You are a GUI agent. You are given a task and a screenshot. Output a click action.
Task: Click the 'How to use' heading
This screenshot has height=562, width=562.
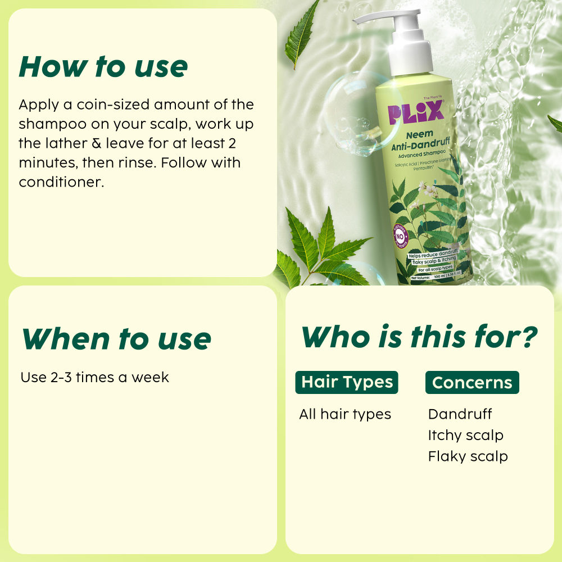pyautogui.click(x=103, y=66)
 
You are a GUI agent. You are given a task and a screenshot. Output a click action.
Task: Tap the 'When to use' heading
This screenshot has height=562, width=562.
pyautogui.click(x=116, y=338)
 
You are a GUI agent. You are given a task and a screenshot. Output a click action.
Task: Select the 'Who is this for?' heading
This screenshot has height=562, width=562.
pyautogui.click(x=419, y=337)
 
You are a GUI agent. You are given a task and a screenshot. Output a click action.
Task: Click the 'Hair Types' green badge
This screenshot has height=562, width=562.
pyautogui.click(x=347, y=382)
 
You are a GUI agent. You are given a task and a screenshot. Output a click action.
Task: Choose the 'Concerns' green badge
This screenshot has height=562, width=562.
pyautogui.click(x=472, y=383)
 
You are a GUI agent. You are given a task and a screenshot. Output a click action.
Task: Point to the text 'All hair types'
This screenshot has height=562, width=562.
pyautogui.click(x=345, y=415)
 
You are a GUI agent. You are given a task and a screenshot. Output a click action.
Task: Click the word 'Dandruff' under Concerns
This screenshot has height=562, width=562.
pyautogui.click(x=460, y=414)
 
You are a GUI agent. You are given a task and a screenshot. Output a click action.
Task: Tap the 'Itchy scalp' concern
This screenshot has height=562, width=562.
pyautogui.click(x=465, y=435)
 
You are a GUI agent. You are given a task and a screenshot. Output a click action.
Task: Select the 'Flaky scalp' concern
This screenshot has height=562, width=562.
pyautogui.click(x=468, y=456)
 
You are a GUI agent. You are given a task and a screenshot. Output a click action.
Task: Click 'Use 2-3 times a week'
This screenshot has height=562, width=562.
pyautogui.click(x=94, y=377)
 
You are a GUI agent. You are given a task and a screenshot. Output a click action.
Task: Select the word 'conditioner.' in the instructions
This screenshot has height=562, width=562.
pyautogui.click(x=61, y=182)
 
